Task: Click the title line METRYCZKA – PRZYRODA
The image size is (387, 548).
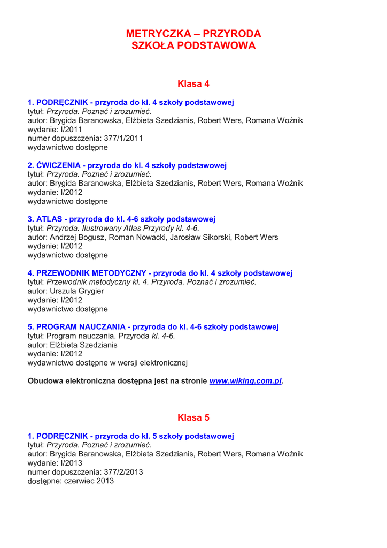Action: (x=193, y=34)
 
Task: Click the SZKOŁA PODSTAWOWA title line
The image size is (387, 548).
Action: (x=193, y=46)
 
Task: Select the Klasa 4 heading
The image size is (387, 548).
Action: (x=193, y=83)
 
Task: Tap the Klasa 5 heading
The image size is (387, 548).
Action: (x=193, y=417)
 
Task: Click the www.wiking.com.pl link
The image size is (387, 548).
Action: (x=245, y=382)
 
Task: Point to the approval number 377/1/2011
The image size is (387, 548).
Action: (x=123, y=138)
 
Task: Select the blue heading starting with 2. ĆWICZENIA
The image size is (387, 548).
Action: (x=127, y=165)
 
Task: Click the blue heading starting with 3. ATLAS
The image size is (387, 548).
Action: (x=121, y=218)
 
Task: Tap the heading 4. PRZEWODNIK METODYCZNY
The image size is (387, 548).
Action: (x=160, y=272)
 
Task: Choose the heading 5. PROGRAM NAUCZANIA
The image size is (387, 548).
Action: (x=153, y=326)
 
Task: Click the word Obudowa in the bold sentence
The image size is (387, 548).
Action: (x=45, y=382)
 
